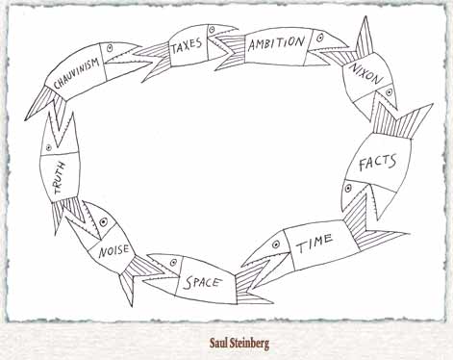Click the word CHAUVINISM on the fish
point(76,73)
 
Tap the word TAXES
point(187,45)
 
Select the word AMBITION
point(276,43)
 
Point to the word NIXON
point(366,73)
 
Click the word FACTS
point(377,163)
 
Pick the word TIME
point(314,244)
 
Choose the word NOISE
point(113,250)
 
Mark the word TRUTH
point(61,177)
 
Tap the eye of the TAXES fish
point(212,29)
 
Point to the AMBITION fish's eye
point(319,39)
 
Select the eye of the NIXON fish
point(389,92)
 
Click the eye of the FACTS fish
point(348,188)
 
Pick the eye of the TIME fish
point(275,244)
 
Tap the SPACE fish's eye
point(173,262)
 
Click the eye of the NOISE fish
point(103,222)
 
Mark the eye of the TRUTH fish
point(49,147)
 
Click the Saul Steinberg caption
point(239,343)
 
